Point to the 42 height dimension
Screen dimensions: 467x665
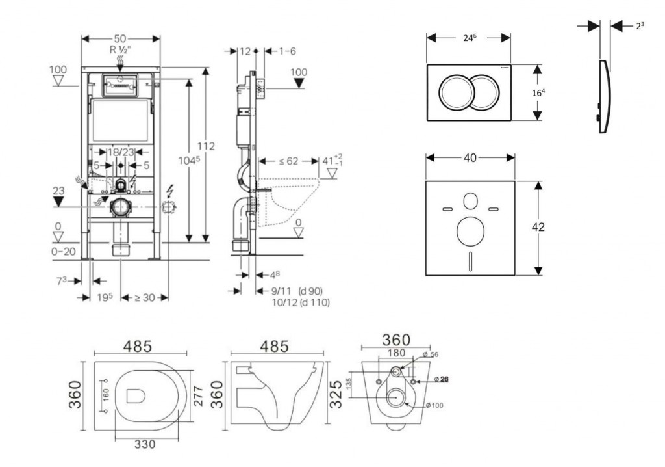538,227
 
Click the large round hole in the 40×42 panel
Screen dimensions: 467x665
470,231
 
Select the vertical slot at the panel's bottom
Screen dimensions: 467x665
470,262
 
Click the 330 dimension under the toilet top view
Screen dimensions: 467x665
145,444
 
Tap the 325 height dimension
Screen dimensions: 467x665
336,394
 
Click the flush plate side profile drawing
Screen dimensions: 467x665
603,98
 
